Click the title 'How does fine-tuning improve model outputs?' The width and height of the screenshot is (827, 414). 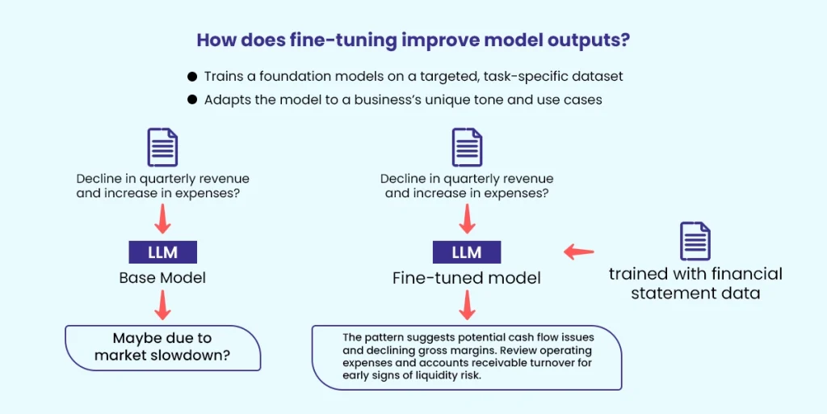pyautogui.click(x=413, y=40)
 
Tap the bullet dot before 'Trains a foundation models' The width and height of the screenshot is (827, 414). pyautogui.click(x=192, y=76)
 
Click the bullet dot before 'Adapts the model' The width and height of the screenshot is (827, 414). pyautogui.click(x=192, y=100)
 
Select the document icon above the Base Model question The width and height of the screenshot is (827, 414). pyautogui.click(x=162, y=147)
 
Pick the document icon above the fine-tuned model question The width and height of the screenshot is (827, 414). pyautogui.click(x=467, y=147)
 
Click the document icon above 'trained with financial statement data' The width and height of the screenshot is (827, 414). pyautogui.click(x=695, y=241)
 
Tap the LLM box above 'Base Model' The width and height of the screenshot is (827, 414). pyautogui.click(x=162, y=251)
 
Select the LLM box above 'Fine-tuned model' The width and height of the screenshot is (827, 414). pyautogui.click(x=467, y=251)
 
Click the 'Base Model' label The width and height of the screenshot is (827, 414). pyautogui.click(x=162, y=277)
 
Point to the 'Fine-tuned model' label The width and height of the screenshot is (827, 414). pyautogui.click(x=467, y=277)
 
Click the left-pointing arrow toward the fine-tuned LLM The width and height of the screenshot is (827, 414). pyautogui.click(x=578, y=252)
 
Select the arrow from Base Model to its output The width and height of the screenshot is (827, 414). pyautogui.click(x=162, y=305)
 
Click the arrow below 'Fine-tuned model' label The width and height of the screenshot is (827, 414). pyautogui.click(x=467, y=305)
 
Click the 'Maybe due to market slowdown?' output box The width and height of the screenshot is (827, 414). pyautogui.click(x=162, y=347)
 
